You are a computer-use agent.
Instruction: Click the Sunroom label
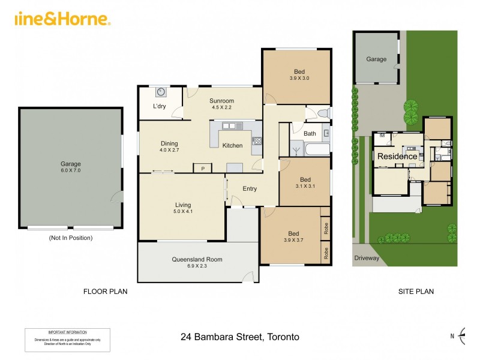pyautogui.click(x=221, y=101)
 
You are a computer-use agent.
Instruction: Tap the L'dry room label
pyautogui.click(x=159, y=106)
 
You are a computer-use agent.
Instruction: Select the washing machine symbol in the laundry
pyautogui.click(x=161, y=92)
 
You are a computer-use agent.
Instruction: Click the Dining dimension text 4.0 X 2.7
pyautogui.click(x=169, y=150)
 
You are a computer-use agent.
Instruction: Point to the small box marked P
pyautogui.click(x=203, y=169)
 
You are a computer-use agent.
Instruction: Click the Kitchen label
pyautogui.click(x=232, y=145)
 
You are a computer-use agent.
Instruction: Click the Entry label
pyautogui.click(x=250, y=188)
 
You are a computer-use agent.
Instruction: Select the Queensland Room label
pyautogui.click(x=197, y=259)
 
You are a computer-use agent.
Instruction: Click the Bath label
pyautogui.click(x=310, y=133)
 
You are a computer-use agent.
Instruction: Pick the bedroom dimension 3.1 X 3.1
pyautogui.click(x=305, y=187)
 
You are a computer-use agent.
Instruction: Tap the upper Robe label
pyautogui.click(x=326, y=229)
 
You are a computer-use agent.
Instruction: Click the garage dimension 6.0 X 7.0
pyautogui.click(x=70, y=170)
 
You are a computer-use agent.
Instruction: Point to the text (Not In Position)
pyautogui.click(x=71, y=238)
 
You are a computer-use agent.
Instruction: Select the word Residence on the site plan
pyautogui.click(x=397, y=157)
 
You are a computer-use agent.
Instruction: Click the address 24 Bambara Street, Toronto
pyautogui.click(x=240, y=337)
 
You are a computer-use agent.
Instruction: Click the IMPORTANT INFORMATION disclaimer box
pyautogui.click(x=67, y=340)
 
